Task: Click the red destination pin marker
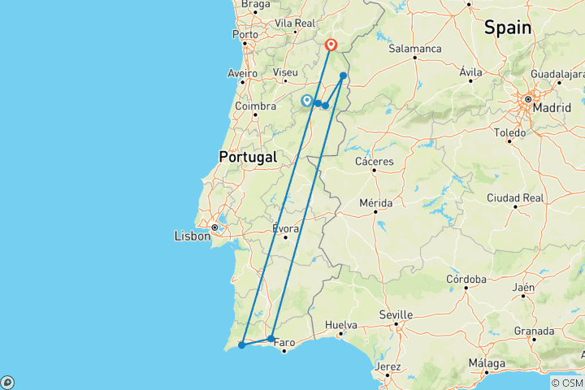(x=331, y=45)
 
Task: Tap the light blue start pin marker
(x=306, y=100)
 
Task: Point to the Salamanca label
(x=415, y=49)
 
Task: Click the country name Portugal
(x=247, y=157)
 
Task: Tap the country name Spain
(x=508, y=28)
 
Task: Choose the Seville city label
(x=396, y=314)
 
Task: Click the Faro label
(x=284, y=342)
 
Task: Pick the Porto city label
(x=245, y=35)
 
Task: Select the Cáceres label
(x=375, y=161)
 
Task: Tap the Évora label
(x=286, y=228)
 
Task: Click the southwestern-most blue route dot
(x=241, y=345)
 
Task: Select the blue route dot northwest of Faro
(x=271, y=338)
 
